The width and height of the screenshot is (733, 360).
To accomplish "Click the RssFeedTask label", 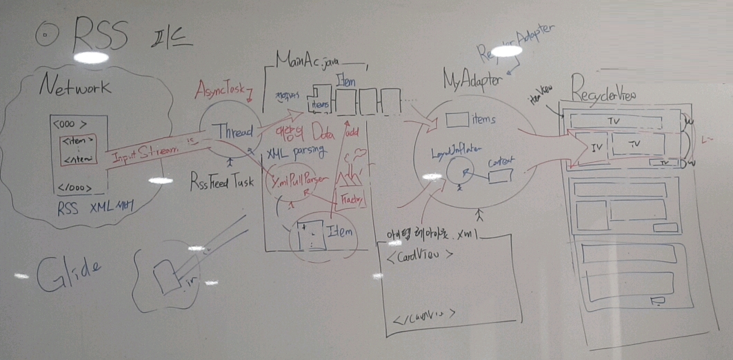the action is (223, 184).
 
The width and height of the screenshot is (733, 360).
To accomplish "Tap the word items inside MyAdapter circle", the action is (483, 119).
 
